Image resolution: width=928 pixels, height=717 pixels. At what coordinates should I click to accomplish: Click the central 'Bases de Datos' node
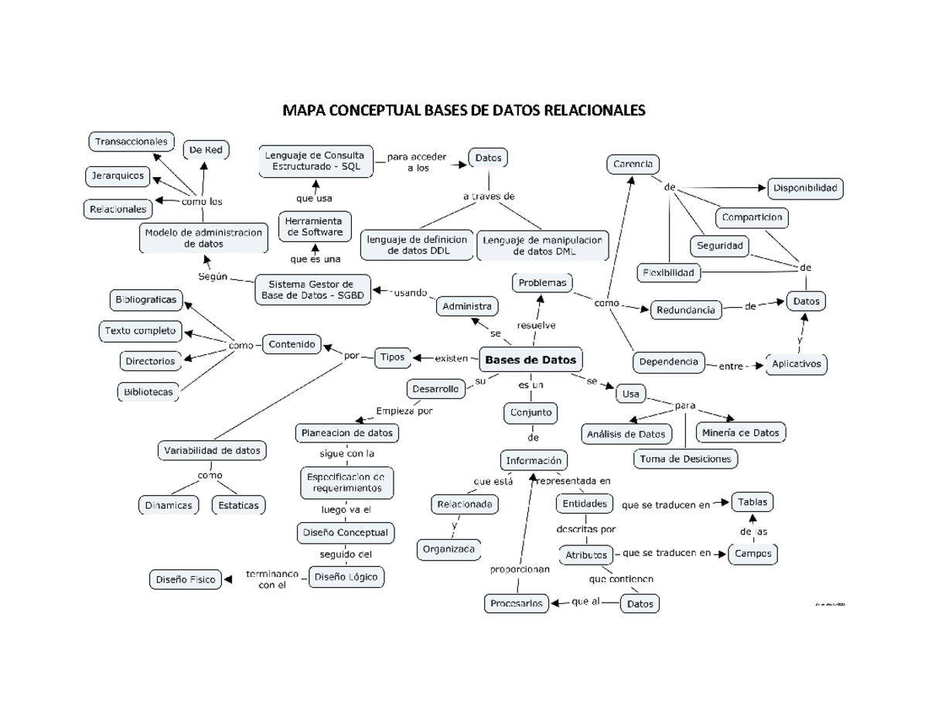pyautogui.click(x=530, y=360)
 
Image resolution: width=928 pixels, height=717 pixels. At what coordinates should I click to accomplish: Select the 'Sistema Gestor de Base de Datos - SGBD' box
pyautogui.click(x=312, y=289)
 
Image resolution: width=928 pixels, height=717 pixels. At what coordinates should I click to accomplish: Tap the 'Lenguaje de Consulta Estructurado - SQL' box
pyautogui.click(x=315, y=162)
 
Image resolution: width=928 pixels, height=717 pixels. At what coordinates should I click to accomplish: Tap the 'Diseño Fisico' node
pyautogui.click(x=186, y=579)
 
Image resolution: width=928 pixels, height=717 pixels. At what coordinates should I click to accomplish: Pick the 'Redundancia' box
pyautogui.click(x=686, y=310)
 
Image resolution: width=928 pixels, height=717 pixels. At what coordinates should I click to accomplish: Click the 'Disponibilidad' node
pyautogui.click(x=805, y=188)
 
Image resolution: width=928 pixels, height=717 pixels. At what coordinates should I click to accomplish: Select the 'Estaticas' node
pyautogui.click(x=238, y=506)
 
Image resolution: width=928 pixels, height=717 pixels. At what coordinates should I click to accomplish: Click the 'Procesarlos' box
pyautogui.click(x=517, y=603)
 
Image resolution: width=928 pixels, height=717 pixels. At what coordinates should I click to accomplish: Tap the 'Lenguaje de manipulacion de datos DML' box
pyautogui.click(x=543, y=245)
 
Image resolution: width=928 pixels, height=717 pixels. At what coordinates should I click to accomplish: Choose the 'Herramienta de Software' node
pyautogui.click(x=315, y=227)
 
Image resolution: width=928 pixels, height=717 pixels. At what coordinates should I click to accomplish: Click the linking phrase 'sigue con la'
pyautogui.click(x=347, y=453)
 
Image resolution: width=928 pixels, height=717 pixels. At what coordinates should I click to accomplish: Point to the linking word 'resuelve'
pyautogui.click(x=536, y=325)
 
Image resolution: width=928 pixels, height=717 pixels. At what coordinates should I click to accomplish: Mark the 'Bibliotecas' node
pyautogui.click(x=148, y=392)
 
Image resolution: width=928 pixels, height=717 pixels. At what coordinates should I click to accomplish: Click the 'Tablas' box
pyautogui.click(x=752, y=502)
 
